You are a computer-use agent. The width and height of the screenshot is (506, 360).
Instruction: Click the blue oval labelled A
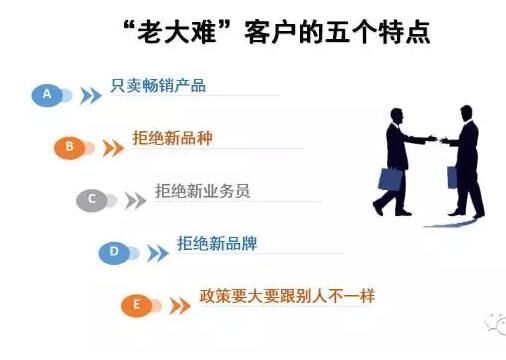[x=46, y=95]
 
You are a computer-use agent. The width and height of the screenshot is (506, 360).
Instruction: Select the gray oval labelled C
[x=92, y=199]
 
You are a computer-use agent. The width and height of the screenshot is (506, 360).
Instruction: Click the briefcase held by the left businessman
[x=389, y=179]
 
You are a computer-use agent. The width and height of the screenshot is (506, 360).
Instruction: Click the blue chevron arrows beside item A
[x=91, y=96]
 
